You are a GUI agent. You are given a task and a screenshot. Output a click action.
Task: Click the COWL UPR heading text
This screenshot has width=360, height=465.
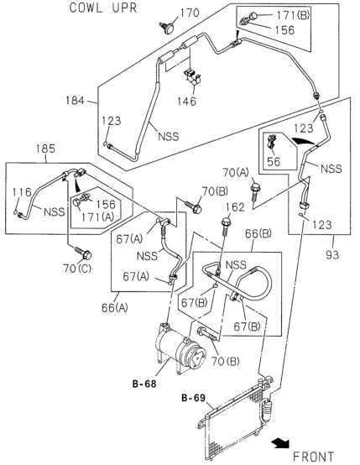click(x=103, y=8)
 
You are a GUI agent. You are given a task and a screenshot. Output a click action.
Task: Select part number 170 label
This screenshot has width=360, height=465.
click(x=190, y=13)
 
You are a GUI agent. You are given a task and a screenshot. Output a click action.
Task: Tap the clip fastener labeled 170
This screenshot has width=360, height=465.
click(x=167, y=28)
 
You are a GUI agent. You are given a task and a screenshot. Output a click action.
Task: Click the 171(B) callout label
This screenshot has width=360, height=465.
click(x=293, y=15)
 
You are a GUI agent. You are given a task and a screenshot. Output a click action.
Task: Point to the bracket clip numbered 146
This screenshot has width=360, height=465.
click(x=192, y=76)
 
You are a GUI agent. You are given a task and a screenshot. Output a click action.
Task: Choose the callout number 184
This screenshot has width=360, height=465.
click(x=75, y=100)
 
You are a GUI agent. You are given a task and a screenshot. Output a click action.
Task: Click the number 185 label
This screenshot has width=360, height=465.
click(x=45, y=149)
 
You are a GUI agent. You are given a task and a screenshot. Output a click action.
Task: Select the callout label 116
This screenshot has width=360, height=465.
click(x=22, y=192)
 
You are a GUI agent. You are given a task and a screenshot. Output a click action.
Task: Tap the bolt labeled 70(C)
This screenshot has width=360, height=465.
click(x=83, y=253)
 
